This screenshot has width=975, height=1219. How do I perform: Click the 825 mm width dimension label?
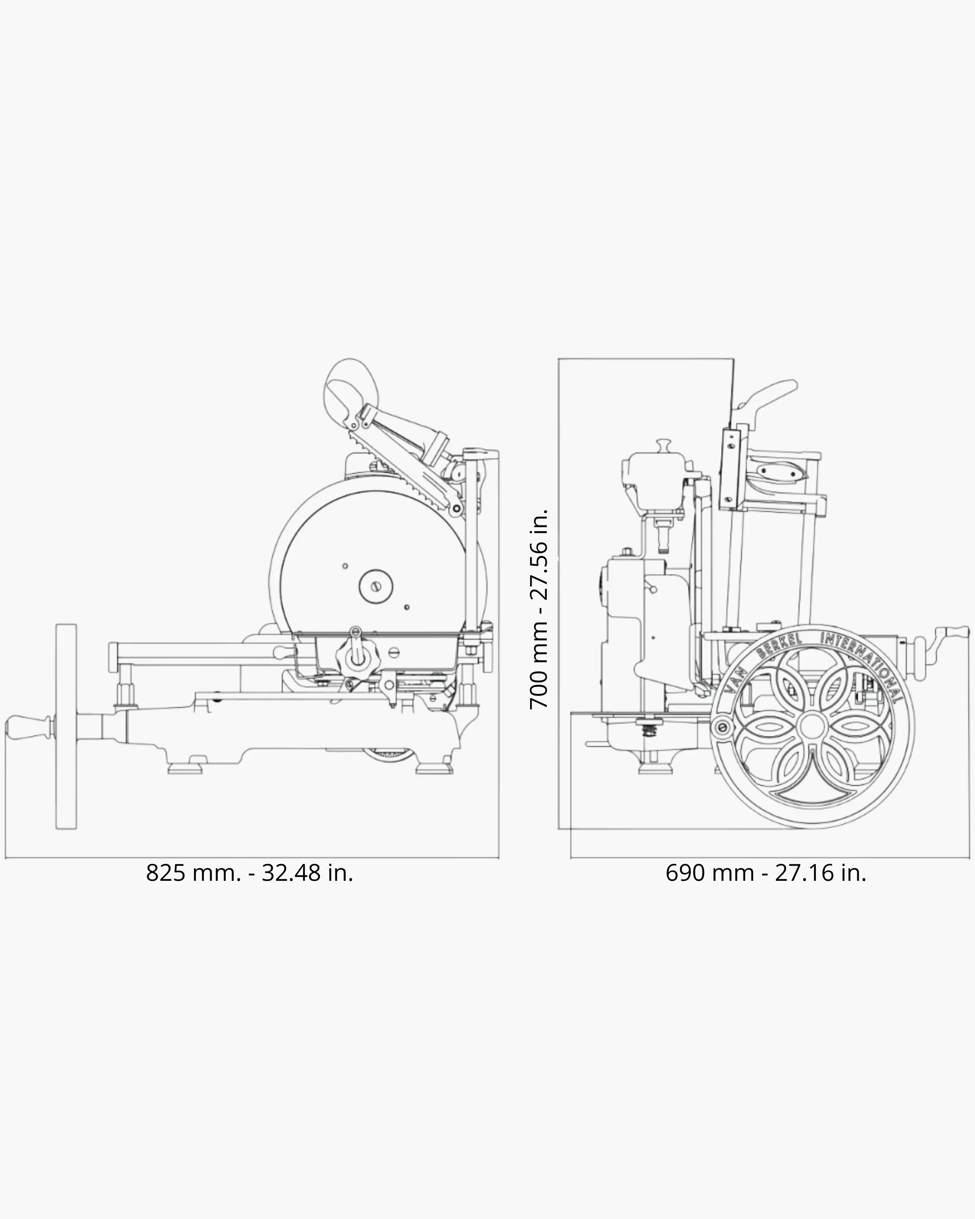249,873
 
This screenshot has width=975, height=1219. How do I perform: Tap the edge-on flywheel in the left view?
66,727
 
